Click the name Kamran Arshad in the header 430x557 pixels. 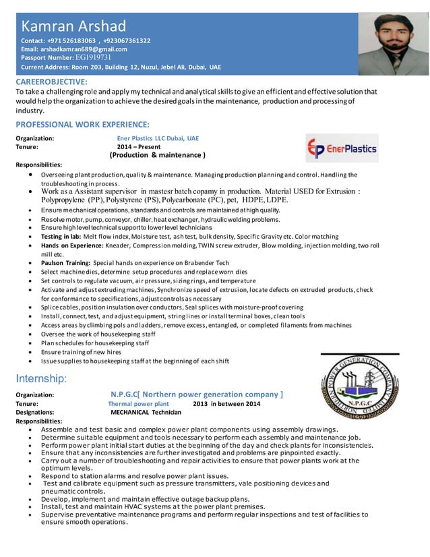click(74, 26)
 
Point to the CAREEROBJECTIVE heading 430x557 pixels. click(51, 82)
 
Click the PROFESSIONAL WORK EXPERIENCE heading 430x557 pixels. click(82, 125)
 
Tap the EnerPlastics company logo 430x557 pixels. click(342, 148)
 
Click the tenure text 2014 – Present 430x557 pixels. click(139, 146)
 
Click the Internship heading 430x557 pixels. click(41, 378)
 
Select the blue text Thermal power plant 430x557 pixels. click(139, 403)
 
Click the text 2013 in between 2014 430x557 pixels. click(226, 403)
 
